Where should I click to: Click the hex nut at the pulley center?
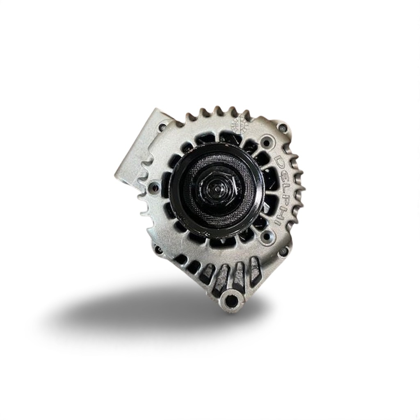(217, 189)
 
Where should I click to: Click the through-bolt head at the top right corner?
(282, 128)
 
